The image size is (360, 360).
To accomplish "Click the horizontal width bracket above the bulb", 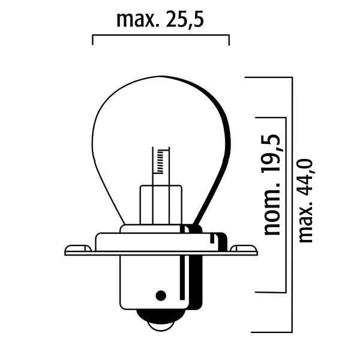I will (161, 35).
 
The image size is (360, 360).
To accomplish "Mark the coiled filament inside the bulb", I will (160, 160).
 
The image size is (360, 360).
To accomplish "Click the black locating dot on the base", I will (160, 295).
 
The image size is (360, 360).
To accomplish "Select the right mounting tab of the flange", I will (244, 247).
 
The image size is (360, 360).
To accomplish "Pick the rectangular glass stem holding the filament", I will (160, 204).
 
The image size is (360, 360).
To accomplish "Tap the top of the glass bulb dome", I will (160, 77).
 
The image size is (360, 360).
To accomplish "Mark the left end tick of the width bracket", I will (92, 40).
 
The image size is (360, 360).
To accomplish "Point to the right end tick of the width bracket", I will (229, 40).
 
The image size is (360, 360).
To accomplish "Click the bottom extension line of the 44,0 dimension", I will (270, 331).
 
